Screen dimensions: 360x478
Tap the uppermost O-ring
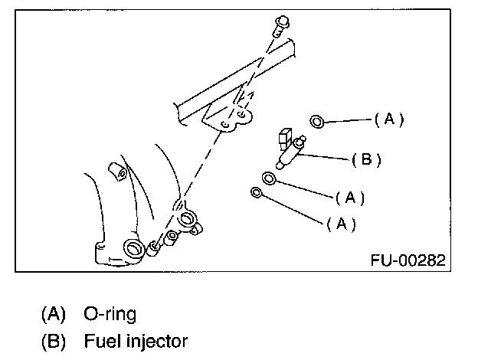(317, 121)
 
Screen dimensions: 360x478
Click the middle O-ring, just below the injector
(270, 179)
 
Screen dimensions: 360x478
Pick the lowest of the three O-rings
(256, 191)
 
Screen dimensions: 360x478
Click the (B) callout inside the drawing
(366, 160)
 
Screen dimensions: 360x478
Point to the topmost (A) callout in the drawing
(388, 119)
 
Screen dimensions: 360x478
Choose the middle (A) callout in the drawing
(350, 198)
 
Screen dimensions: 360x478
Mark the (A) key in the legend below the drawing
(53, 313)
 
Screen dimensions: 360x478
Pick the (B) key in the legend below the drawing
(53, 339)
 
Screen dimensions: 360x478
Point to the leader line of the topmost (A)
(349, 120)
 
